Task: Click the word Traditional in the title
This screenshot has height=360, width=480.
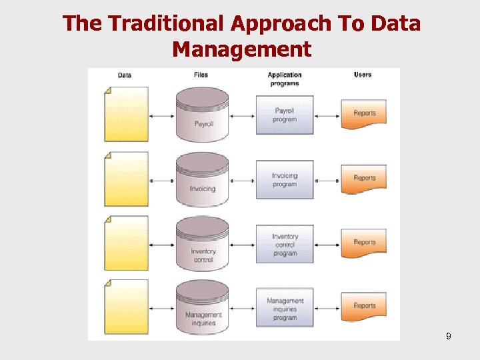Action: pyautogui.click(x=166, y=23)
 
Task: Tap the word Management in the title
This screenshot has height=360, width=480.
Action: pyautogui.click(x=241, y=49)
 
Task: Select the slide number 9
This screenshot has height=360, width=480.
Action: pyautogui.click(x=449, y=337)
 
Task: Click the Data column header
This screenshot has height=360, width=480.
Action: pyautogui.click(x=125, y=75)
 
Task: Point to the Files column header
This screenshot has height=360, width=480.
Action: pyautogui.click(x=201, y=75)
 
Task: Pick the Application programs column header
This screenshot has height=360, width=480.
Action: pyautogui.click(x=285, y=79)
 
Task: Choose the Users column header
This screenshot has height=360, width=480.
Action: pyautogui.click(x=363, y=75)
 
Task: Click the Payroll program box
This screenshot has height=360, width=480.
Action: pyautogui.click(x=285, y=115)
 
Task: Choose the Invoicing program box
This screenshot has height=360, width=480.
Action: pyautogui.click(x=285, y=179)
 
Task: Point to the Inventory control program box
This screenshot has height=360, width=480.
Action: pyautogui.click(x=285, y=244)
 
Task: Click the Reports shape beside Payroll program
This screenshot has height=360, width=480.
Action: pyautogui.click(x=364, y=114)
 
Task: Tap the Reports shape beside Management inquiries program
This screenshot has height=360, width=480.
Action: pyautogui.click(x=364, y=306)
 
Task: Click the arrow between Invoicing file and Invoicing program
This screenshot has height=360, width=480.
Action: pyautogui.click(x=243, y=180)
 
